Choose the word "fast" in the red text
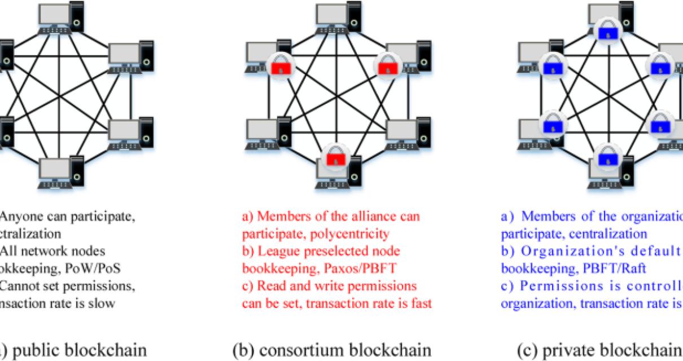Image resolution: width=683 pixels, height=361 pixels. (x=421, y=303)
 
